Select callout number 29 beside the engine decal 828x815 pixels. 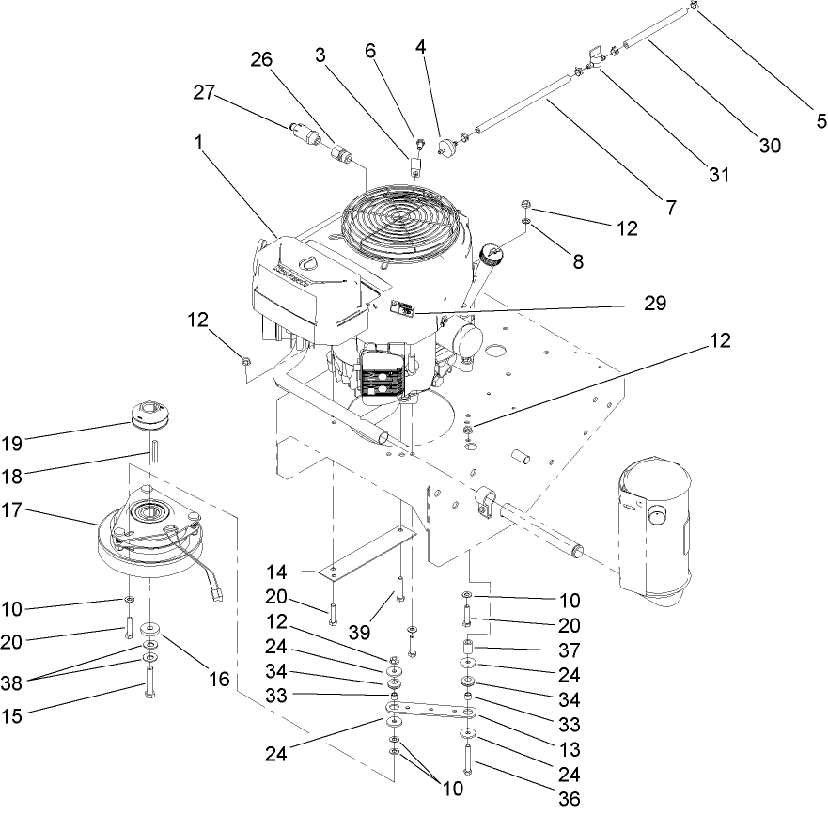[x=655, y=303]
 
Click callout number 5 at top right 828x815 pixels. [x=820, y=120]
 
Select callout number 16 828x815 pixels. [x=218, y=678]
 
